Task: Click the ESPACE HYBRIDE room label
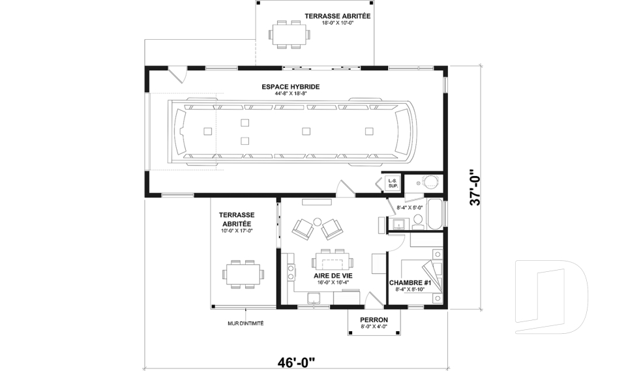click(290, 87)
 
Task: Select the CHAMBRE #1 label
click(411, 283)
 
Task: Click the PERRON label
click(374, 319)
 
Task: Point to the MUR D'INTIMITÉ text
click(245, 323)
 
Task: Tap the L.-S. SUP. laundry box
click(393, 183)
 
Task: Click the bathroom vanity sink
click(397, 225)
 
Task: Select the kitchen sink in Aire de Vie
click(314, 299)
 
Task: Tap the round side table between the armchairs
click(317, 222)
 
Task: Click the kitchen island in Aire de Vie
click(333, 262)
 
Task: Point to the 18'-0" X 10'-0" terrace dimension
click(337, 23)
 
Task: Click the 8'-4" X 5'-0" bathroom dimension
click(410, 208)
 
